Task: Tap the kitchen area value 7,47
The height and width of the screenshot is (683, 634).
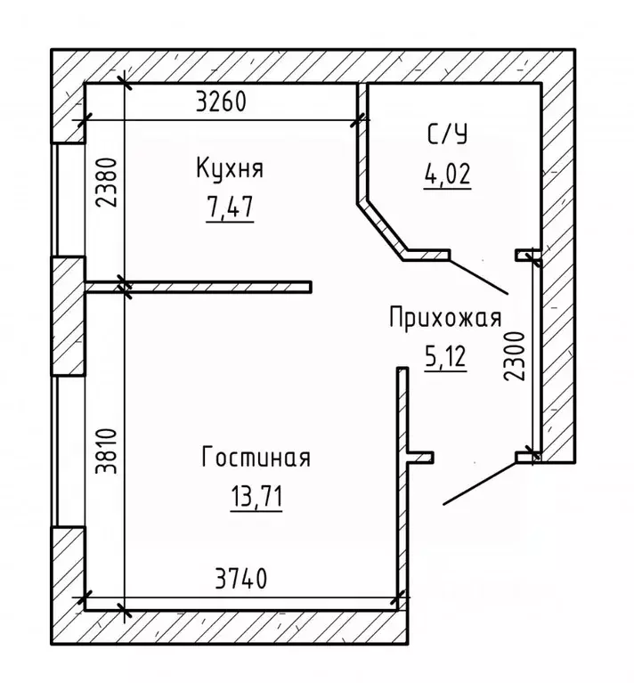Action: [229, 207]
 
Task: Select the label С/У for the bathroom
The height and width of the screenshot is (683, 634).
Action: [446, 134]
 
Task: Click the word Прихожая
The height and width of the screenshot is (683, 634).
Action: [445, 318]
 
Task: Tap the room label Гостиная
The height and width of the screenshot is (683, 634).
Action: [256, 459]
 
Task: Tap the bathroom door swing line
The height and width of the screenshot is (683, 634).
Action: [477, 276]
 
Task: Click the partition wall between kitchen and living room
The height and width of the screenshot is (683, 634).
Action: [214, 287]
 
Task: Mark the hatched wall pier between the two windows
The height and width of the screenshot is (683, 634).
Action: [69, 316]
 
